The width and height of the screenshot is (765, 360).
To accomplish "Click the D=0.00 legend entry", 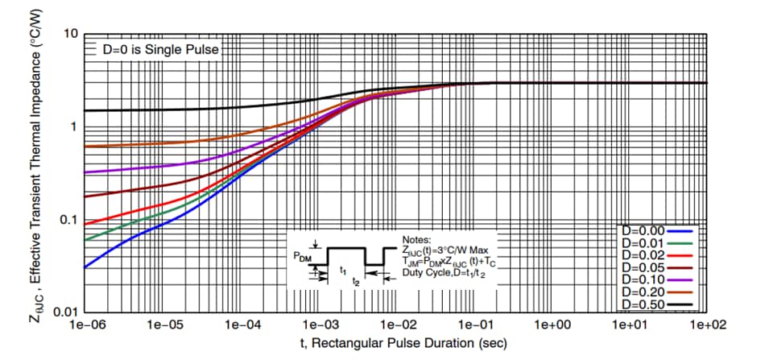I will [x=656, y=230].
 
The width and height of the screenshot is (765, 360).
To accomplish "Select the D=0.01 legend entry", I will [x=656, y=242].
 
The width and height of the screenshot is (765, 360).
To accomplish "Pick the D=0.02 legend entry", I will [x=656, y=254].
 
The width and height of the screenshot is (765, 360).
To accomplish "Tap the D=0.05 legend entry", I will [x=656, y=267].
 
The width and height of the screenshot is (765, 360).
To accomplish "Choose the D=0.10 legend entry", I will [x=656, y=279].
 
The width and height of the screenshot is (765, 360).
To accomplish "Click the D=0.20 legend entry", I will [x=656, y=292].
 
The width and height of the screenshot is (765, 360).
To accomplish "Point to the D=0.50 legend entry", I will [x=656, y=304].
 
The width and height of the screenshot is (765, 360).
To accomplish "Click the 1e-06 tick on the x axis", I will [x=85, y=325].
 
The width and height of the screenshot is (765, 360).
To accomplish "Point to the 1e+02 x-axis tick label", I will [x=707, y=325].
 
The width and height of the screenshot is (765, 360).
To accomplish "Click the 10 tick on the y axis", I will [x=70, y=35].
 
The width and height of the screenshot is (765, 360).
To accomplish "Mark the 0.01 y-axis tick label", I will [x=64, y=312].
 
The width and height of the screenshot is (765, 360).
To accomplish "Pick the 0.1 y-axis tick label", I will [x=68, y=220].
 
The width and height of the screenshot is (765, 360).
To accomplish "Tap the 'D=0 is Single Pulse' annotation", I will [x=153, y=49].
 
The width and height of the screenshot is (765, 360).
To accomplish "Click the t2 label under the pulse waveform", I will [x=356, y=283].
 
